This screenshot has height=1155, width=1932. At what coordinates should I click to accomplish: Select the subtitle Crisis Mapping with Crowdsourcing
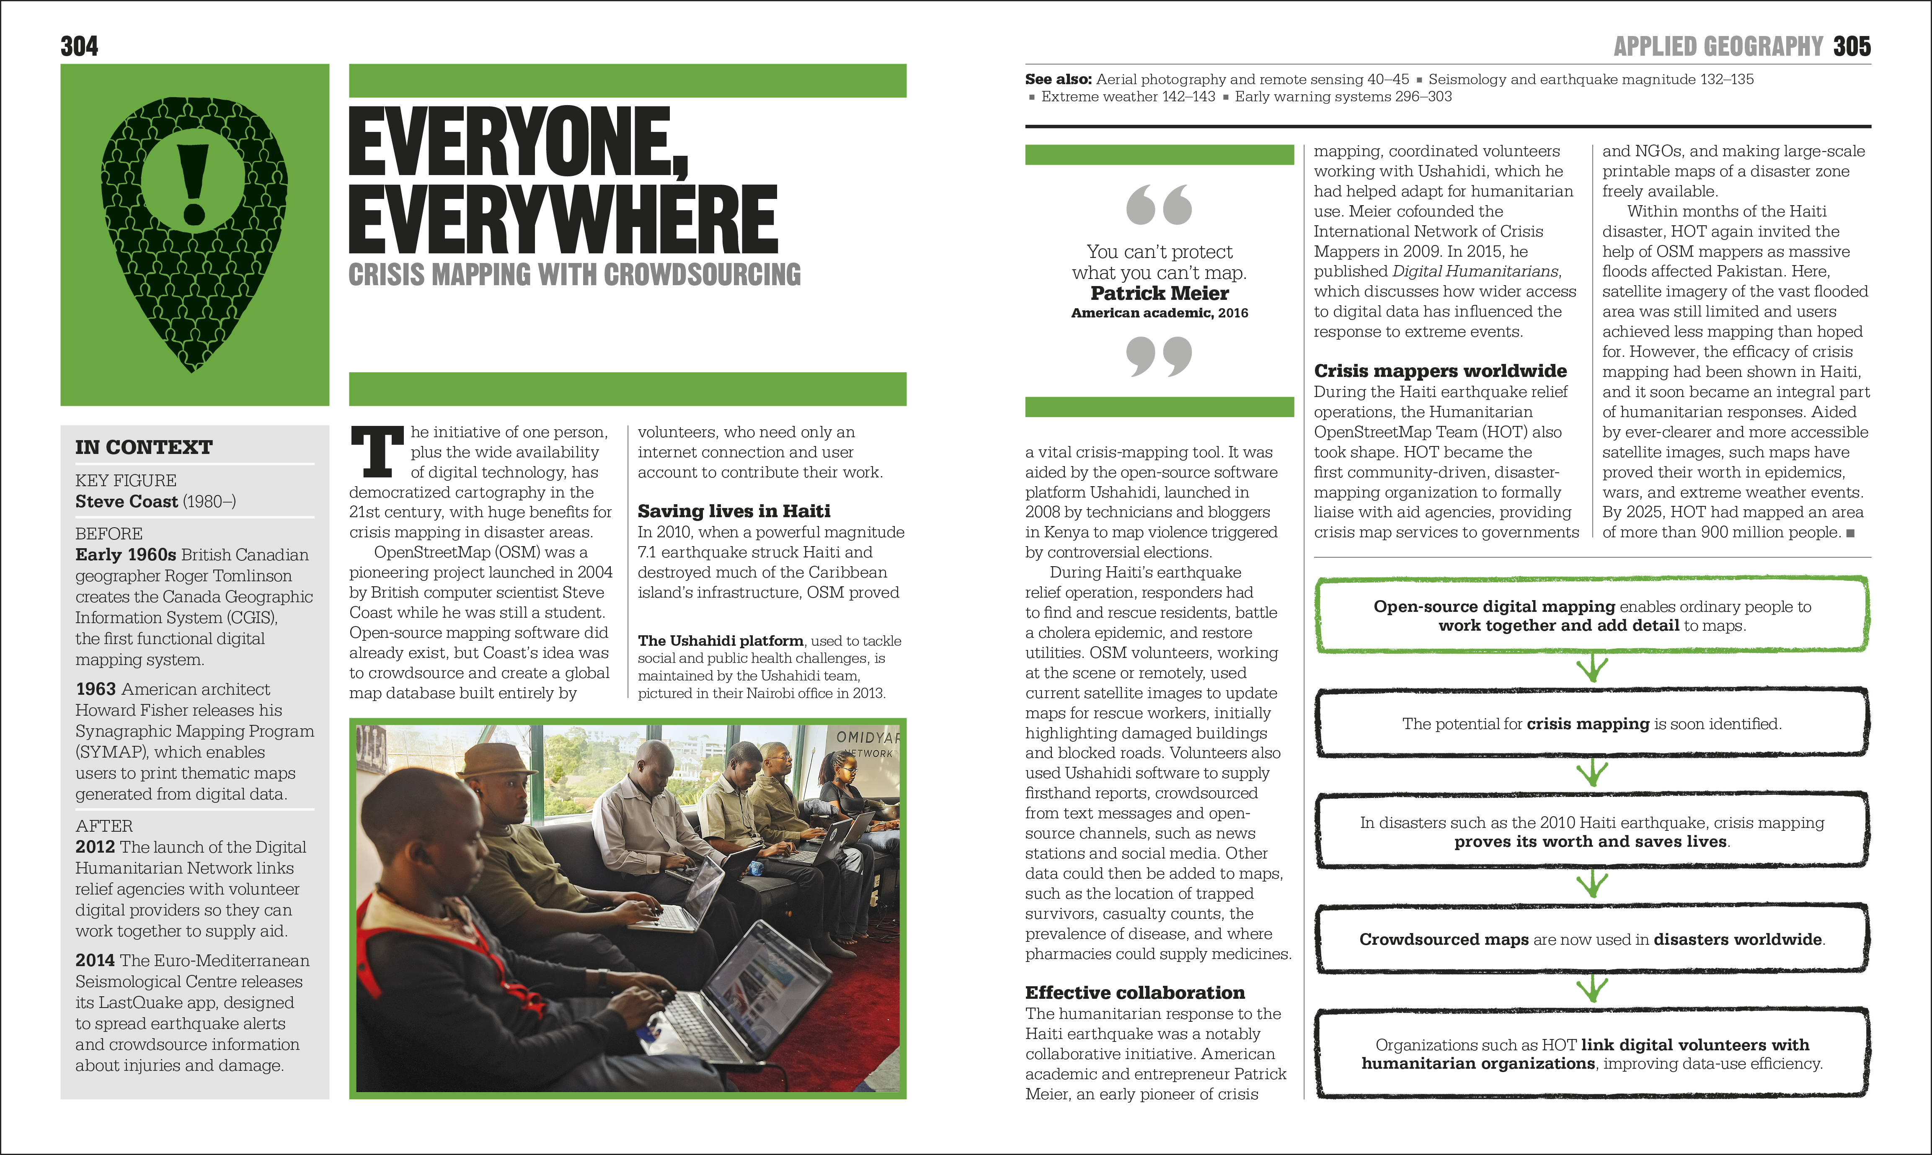click(574, 275)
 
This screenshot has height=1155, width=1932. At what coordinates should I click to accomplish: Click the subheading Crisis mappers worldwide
click(1440, 371)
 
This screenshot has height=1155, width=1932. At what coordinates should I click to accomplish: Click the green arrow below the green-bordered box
click(1592, 668)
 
